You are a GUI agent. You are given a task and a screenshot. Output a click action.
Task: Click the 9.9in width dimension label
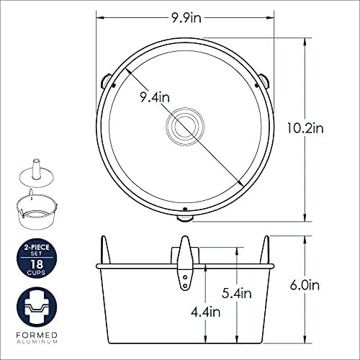pyautogui.click(x=186, y=18)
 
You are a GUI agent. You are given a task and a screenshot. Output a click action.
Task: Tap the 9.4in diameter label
pyautogui.click(x=155, y=97)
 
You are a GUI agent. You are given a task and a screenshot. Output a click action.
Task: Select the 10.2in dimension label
pyautogui.click(x=305, y=128)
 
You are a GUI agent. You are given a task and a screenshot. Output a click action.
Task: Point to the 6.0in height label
pyautogui.click(x=305, y=285)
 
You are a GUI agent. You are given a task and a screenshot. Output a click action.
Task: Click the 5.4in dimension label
pyautogui.click(x=237, y=293)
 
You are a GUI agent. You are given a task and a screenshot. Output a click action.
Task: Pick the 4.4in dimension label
pyautogui.click(x=205, y=312)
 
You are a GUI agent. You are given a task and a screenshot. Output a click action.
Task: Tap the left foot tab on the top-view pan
pyautogui.click(x=106, y=81)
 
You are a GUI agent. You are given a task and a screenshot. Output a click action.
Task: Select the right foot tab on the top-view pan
pyautogui.click(x=264, y=81)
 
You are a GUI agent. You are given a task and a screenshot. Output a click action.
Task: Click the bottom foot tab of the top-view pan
pyautogui.click(x=185, y=218)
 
